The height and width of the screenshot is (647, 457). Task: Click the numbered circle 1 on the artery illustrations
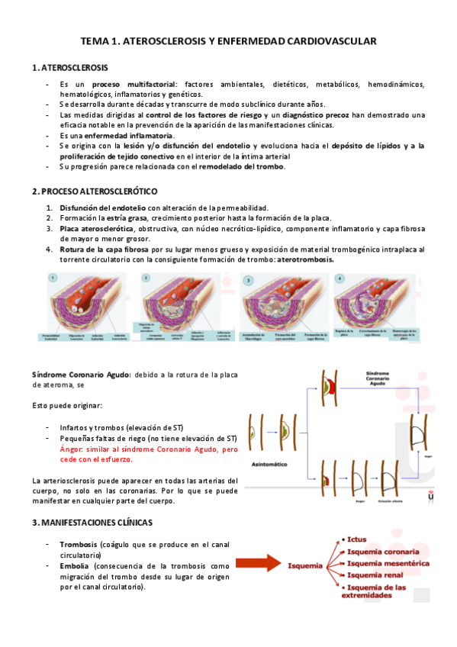[x=54, y=278]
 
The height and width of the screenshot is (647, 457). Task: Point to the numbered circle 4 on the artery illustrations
[x=339, y=278]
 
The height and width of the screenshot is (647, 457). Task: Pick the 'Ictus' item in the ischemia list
[x=358, y=539]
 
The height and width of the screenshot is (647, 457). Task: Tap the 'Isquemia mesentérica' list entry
[x=388, y=562]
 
